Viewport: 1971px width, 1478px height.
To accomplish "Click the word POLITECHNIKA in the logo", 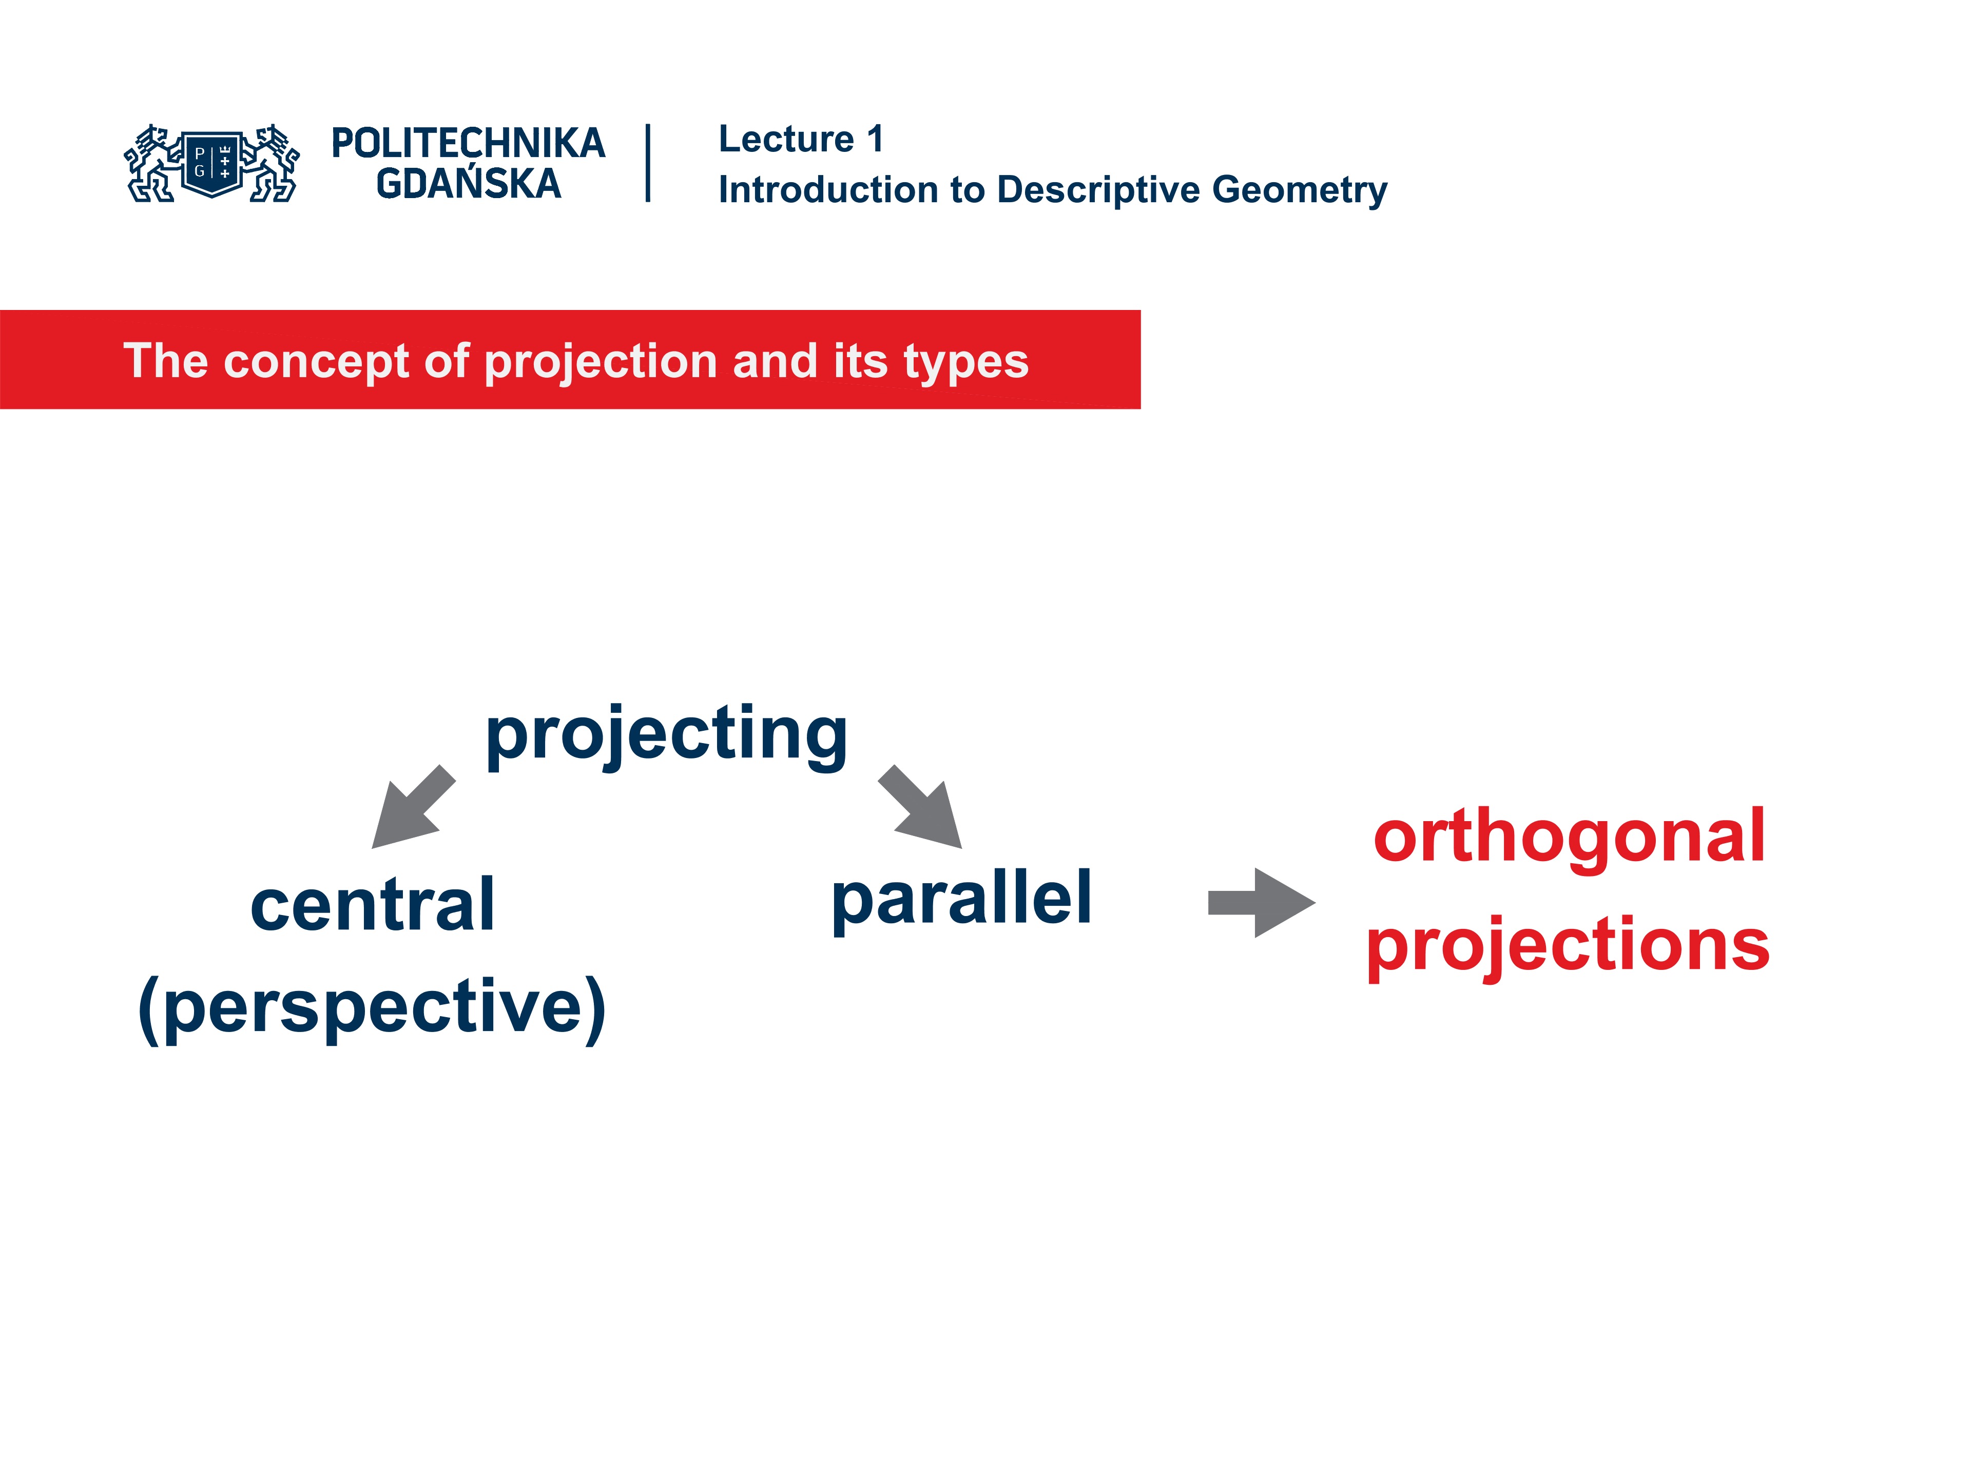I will point(468,143).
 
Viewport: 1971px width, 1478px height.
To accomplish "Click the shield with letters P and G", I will point(212,163).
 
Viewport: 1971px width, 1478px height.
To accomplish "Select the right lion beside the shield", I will point(273,164).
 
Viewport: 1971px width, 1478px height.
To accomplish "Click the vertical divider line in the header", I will point(648,163).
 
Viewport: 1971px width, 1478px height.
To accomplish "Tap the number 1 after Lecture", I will point(875,139).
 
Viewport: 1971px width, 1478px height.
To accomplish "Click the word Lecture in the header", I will point(786,139).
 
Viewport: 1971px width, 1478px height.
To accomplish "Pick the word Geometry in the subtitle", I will point(1299,190).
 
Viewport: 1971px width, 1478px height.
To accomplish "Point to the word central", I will point(373,905).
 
